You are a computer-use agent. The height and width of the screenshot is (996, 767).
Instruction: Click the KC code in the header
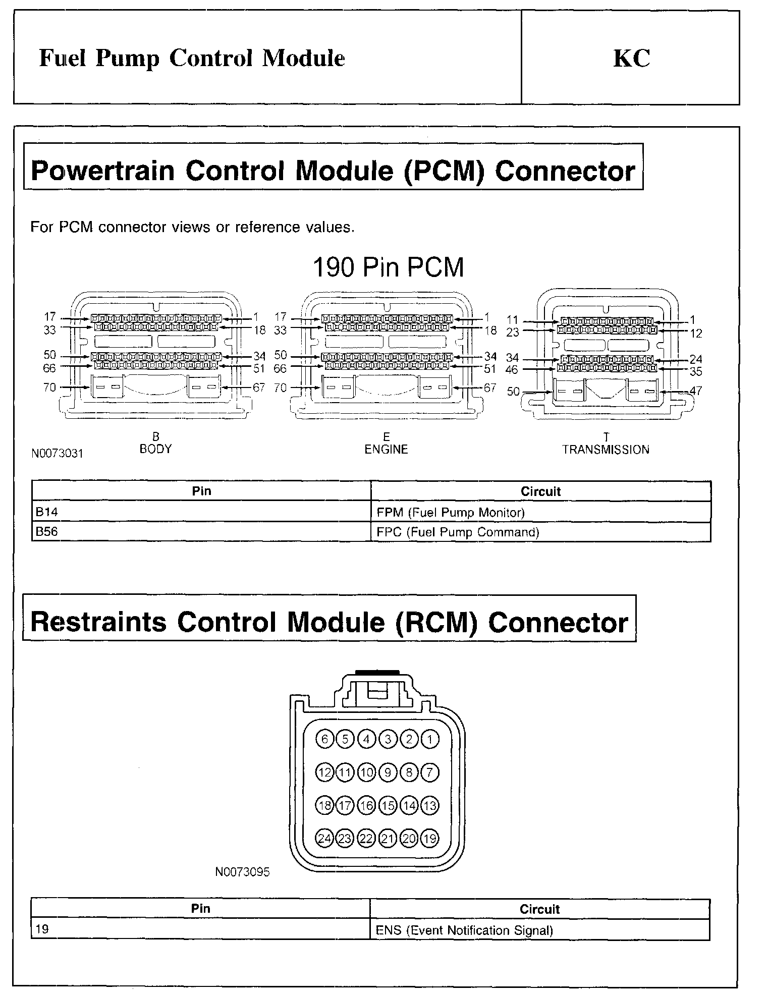(x=631, y=59)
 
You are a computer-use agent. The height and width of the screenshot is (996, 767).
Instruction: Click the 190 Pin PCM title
(x=388, y=267)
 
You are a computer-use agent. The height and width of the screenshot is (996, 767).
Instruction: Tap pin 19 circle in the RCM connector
(x=429, y=839)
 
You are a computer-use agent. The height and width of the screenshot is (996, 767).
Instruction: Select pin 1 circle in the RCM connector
(x=429, y=740)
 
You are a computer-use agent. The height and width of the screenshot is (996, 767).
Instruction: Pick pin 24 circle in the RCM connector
(x=324, y=839)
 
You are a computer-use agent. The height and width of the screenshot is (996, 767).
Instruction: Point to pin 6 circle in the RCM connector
(x=324, y=740)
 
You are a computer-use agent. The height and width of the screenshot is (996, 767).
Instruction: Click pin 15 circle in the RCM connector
(x=388, y=806)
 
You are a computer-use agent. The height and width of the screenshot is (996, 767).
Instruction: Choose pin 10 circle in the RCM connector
(x=366, y=772)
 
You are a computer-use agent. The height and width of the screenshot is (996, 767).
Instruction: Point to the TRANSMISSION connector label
(x=606, y=450)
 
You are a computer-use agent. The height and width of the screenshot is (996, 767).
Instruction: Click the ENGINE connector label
(x=386, y=449)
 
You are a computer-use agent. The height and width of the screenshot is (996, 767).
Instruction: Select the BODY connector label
(x=155, y=449)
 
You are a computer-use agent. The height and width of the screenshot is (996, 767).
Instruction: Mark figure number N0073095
(x=242, y=872)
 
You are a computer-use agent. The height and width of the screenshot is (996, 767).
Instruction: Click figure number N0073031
(x=57, y=453)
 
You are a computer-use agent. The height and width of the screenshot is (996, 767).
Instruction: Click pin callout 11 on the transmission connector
(x=512, y=319)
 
